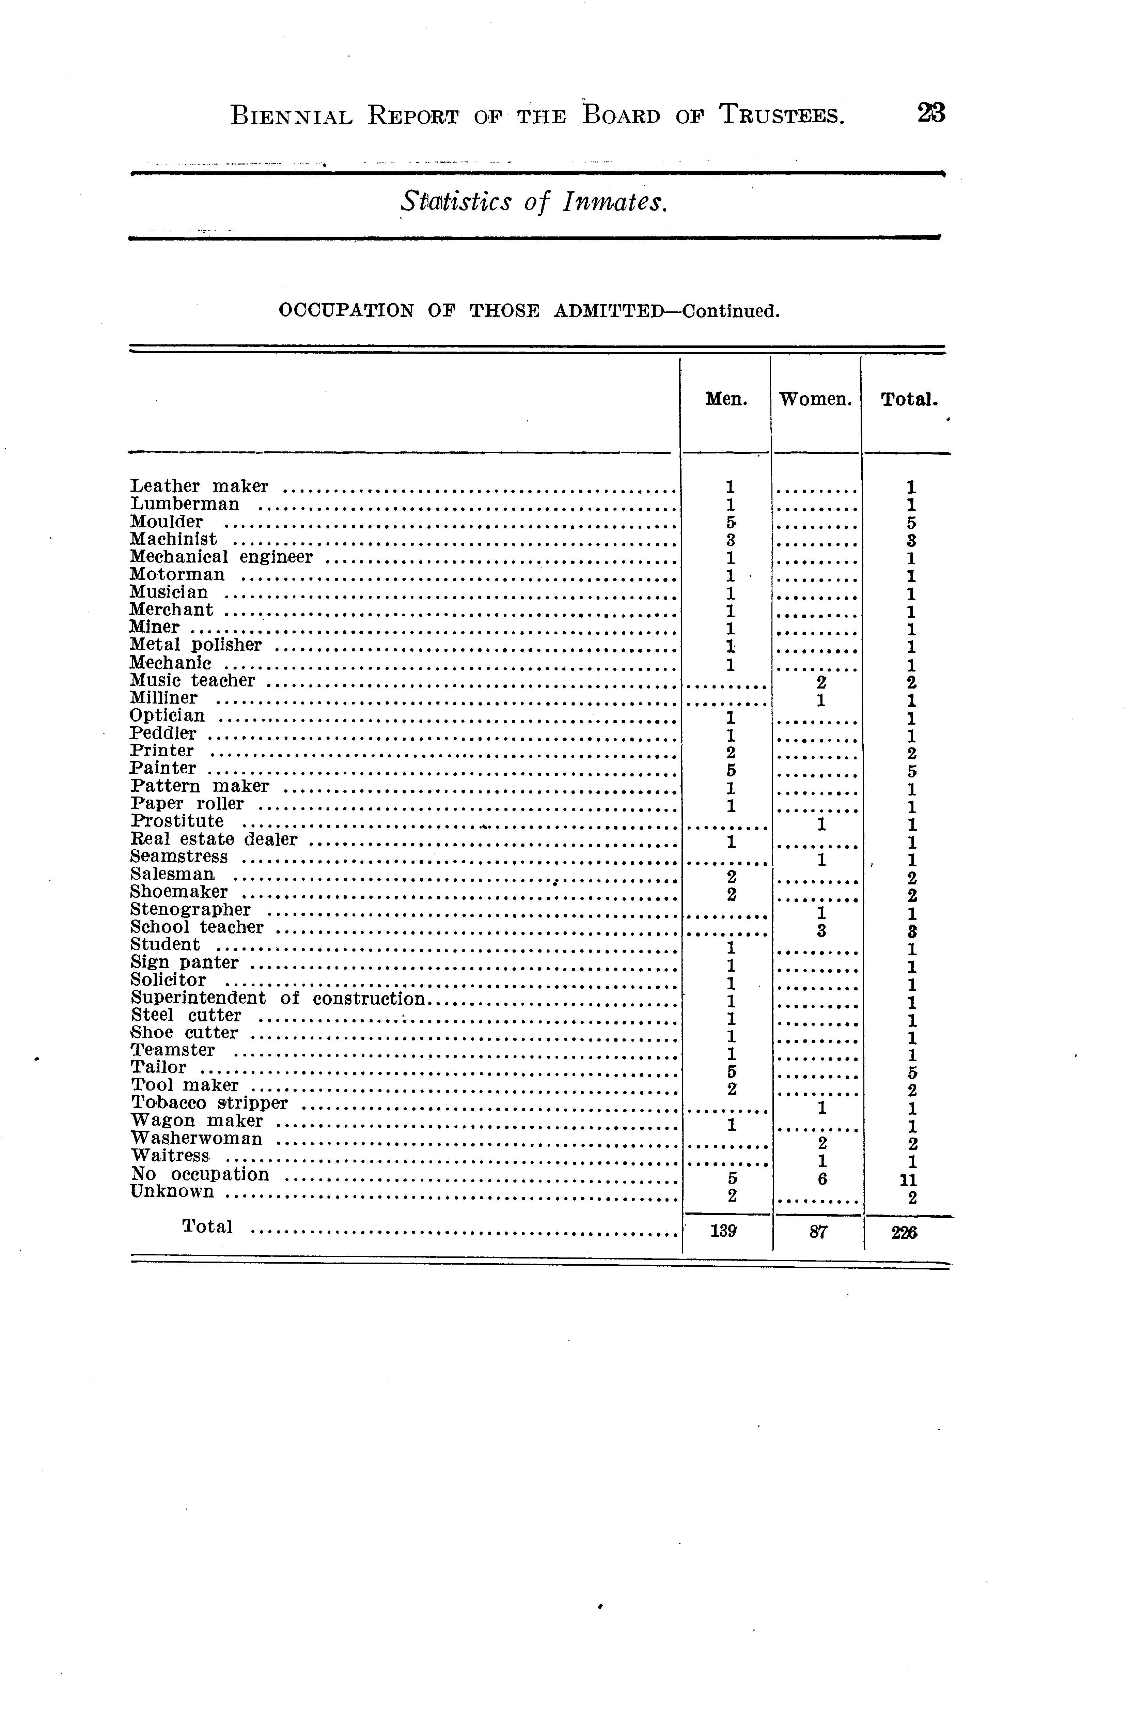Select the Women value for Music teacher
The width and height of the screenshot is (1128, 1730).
820,682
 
